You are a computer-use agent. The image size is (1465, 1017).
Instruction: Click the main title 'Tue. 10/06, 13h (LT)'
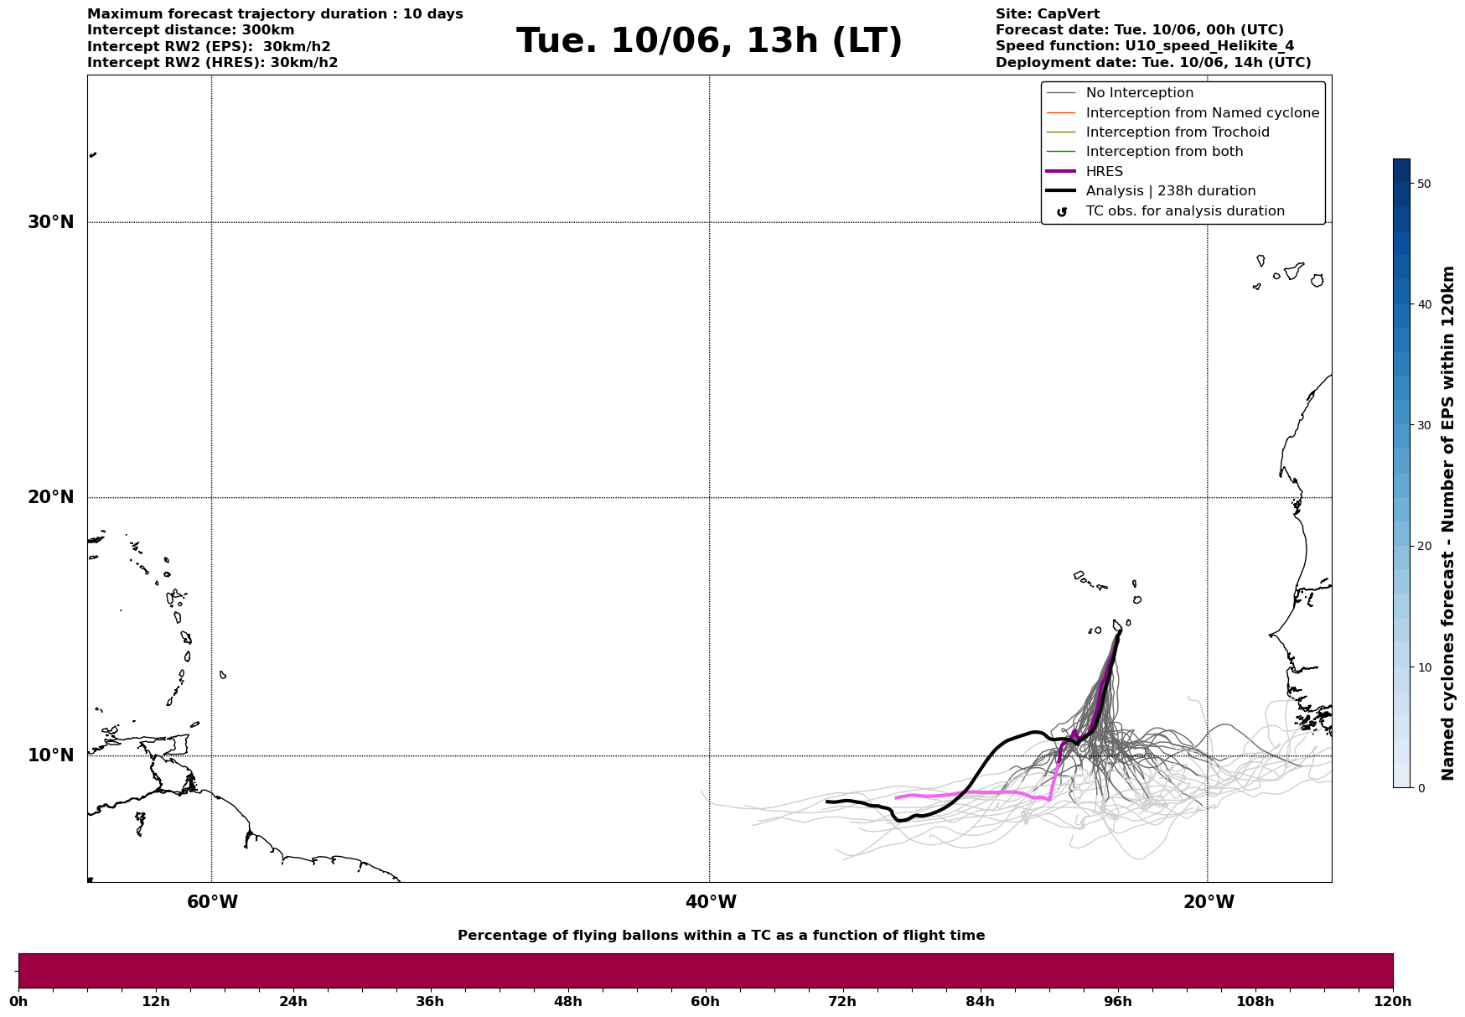coord(709,41)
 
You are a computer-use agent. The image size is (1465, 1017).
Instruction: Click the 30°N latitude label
coord(51,222)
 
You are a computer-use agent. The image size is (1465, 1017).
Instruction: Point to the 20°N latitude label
coord(51,497)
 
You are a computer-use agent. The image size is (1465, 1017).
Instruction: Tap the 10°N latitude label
coord(51,755)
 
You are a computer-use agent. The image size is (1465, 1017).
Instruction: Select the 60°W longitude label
coord(212,902)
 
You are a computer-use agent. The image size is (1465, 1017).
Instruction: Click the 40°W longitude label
coord(711,902)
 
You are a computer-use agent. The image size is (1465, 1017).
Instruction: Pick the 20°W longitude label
coord(1209,902)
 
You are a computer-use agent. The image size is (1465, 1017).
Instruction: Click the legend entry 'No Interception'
coord(1139,93)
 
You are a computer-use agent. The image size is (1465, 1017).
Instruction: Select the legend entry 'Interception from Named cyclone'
coord(1202,113)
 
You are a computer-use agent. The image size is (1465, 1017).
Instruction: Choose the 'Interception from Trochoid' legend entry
coord(1177,132)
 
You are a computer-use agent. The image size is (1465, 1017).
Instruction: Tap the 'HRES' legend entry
coord(1104,172)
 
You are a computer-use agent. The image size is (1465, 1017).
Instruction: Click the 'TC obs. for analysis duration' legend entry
coord(1184,211)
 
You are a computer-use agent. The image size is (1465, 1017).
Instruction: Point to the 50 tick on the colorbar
coord(1423,184)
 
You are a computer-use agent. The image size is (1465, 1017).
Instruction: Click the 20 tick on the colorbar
coord(1423,546)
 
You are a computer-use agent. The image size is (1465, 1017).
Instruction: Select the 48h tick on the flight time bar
coord(567,1001)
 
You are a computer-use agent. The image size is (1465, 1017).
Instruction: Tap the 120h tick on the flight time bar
coord(1392,1001)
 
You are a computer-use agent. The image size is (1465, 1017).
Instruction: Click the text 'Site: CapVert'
coord(1047,14)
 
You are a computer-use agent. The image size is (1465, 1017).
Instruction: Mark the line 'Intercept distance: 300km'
coord(191,30)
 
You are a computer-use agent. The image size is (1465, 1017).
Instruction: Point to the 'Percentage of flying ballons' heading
coord(721,936)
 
